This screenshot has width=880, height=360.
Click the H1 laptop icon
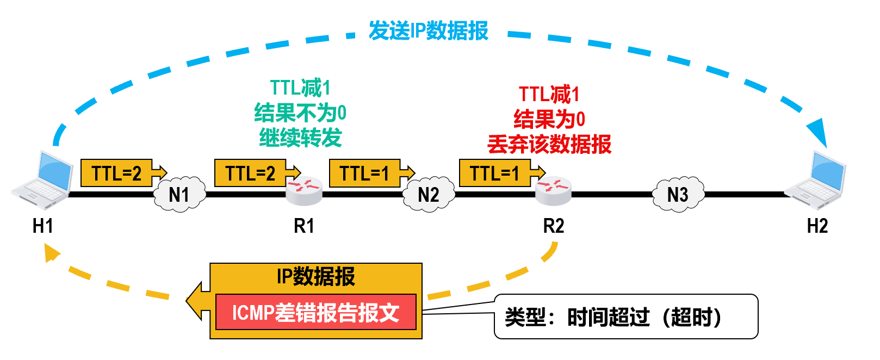point(42,181)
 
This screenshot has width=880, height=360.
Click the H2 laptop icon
point(817,181)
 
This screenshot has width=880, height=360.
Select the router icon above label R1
point(304,190)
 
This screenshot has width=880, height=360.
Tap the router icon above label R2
point(553,190)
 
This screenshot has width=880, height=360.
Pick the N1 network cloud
point(179,194)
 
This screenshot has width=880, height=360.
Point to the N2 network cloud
point(429,194)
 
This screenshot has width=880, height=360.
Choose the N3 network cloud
point(678,194)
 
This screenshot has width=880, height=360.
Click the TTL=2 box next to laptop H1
point(116,173)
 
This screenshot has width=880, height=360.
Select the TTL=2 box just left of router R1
point(250,173)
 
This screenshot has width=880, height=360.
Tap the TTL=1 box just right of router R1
point(365,173)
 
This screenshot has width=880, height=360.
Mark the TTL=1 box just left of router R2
point(495,173)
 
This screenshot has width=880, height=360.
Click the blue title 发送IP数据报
point(429,31)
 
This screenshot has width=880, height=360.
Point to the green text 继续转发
point(300,138)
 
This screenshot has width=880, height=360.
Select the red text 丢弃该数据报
point(549,145)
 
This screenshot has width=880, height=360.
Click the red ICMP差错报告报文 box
point(316,312)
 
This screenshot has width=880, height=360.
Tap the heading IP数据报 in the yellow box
point(316,277)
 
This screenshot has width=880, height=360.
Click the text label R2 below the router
point(554,226)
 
